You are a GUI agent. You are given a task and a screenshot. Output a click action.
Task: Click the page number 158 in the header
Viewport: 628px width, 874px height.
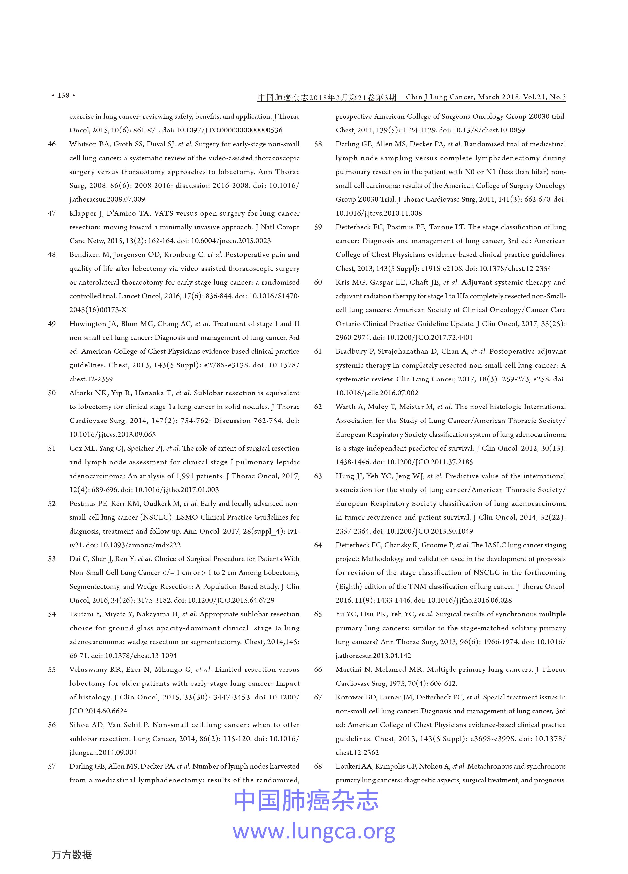[x=63, y=95]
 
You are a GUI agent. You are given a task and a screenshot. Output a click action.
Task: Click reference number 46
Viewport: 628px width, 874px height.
[x=52, y=144]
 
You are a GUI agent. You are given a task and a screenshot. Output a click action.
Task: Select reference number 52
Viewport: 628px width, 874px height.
[x=52, y=504]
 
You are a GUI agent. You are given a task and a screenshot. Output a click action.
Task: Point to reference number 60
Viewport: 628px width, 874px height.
[x=318, y=282]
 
